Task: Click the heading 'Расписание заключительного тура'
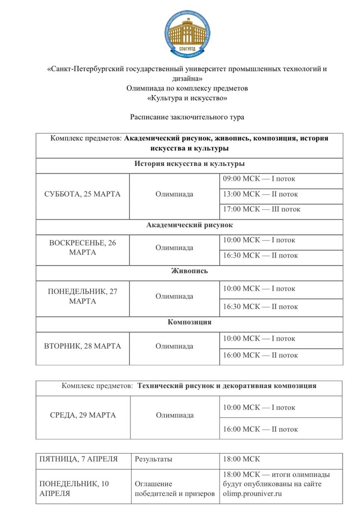click(x=187, y=117)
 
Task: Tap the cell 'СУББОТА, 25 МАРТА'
click(x=83, y=194)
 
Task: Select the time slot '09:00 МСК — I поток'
click(x=259, y=179)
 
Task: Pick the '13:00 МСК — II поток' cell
click(x=260, y=194)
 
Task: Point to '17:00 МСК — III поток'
click(x=261, y=209)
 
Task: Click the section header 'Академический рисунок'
click(x=190, y=225)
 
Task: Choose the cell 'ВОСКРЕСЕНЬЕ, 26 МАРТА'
click(x=83, y=248)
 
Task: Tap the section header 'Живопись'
click(x=190, y=271)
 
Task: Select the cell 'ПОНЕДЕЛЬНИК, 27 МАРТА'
click(x=83, y=296)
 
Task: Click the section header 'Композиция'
click(x=190, y=322)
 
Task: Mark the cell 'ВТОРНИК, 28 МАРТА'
click(x=83, y=346)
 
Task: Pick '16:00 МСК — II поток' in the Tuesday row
click(x=260, y=355)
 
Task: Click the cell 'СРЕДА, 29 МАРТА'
click(x=83, y=415)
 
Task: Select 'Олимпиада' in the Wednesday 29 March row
click(x=175, y=415)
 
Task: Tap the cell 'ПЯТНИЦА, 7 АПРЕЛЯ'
click(x=79, y=459)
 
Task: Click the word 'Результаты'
click(x=153, y=459)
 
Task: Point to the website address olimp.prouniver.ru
click(x=253, y=494)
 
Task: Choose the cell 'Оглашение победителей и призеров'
click(x=175, y=489)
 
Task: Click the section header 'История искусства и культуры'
click(x=190, y=163)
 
